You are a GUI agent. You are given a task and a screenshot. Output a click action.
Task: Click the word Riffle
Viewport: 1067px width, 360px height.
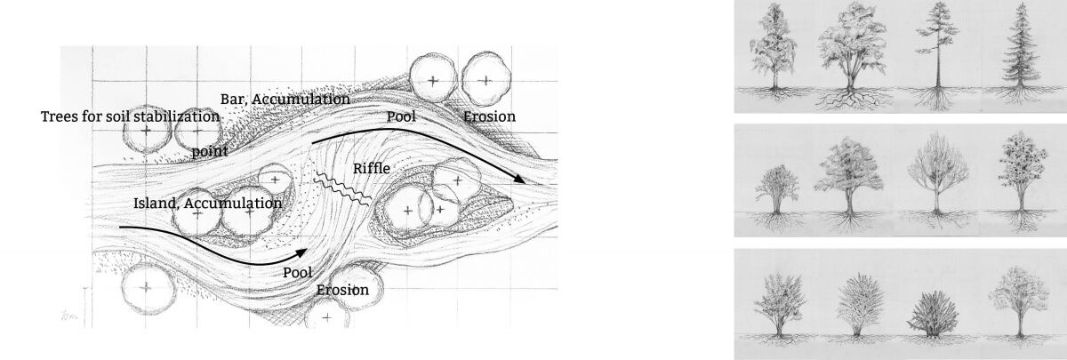point(372,169)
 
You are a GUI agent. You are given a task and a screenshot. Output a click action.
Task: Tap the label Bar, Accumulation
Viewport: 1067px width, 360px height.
point(285,100)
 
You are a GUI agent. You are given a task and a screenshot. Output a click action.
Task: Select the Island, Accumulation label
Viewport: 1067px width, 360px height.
point(208,204)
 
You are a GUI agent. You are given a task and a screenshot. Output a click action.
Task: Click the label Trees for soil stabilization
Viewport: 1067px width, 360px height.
point(130,116)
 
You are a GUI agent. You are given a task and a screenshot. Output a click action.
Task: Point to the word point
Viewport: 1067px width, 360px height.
point(210,151)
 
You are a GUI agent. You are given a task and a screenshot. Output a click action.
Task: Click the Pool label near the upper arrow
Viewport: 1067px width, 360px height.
point(401,116)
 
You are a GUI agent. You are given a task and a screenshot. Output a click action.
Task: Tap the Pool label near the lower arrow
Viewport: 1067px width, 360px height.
point(297,273)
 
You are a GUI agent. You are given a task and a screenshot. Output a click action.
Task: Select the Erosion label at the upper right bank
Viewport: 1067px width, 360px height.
point(489,116)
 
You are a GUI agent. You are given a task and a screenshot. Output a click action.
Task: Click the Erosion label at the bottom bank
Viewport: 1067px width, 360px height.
point(342,290)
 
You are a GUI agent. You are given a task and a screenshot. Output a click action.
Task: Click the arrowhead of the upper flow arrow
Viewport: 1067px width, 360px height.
point(520,179)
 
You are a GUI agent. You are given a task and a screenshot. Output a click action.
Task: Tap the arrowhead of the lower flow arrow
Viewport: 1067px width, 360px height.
point(301,252)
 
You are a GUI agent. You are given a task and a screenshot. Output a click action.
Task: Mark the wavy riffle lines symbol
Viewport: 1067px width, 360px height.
point(342,190)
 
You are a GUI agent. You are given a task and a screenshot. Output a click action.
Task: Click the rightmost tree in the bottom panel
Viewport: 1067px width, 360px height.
point(1018,305)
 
